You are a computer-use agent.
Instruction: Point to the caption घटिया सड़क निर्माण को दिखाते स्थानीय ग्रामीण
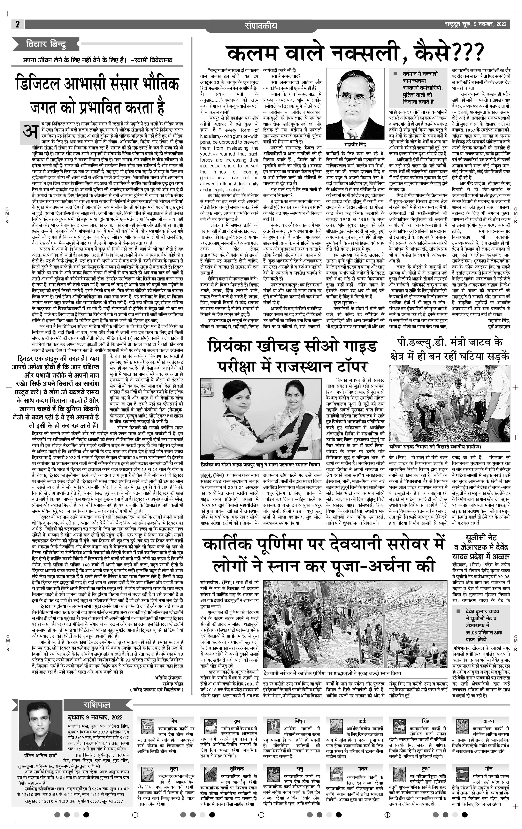click(434, 447)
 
